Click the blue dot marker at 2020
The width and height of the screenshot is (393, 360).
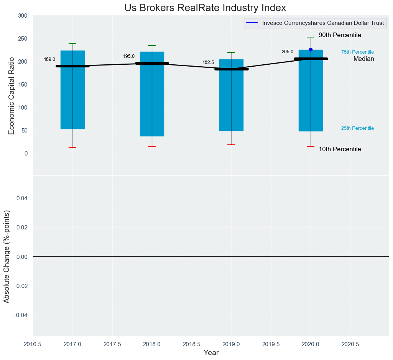click(311, 49)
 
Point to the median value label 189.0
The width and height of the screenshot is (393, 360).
click(49, 59)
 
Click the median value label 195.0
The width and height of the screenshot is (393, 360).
click(129, 56)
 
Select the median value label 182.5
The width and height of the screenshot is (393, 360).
click(208, 62)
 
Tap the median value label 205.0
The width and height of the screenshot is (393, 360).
click(288, 52)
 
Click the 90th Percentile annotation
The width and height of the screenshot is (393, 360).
click(340, 35)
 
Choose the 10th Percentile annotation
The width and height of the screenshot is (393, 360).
click(340, 149)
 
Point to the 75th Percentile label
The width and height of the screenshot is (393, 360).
click(357, 52)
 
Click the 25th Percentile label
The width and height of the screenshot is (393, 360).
click(357, 128)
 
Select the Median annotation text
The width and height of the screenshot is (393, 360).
click(363, 59)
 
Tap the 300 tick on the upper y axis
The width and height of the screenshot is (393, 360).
click(23, 16)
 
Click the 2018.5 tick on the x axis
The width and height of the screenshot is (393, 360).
click(191, 344)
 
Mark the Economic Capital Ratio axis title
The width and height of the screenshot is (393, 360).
click(12, 95)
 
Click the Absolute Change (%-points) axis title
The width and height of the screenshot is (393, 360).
click(7, 257)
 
